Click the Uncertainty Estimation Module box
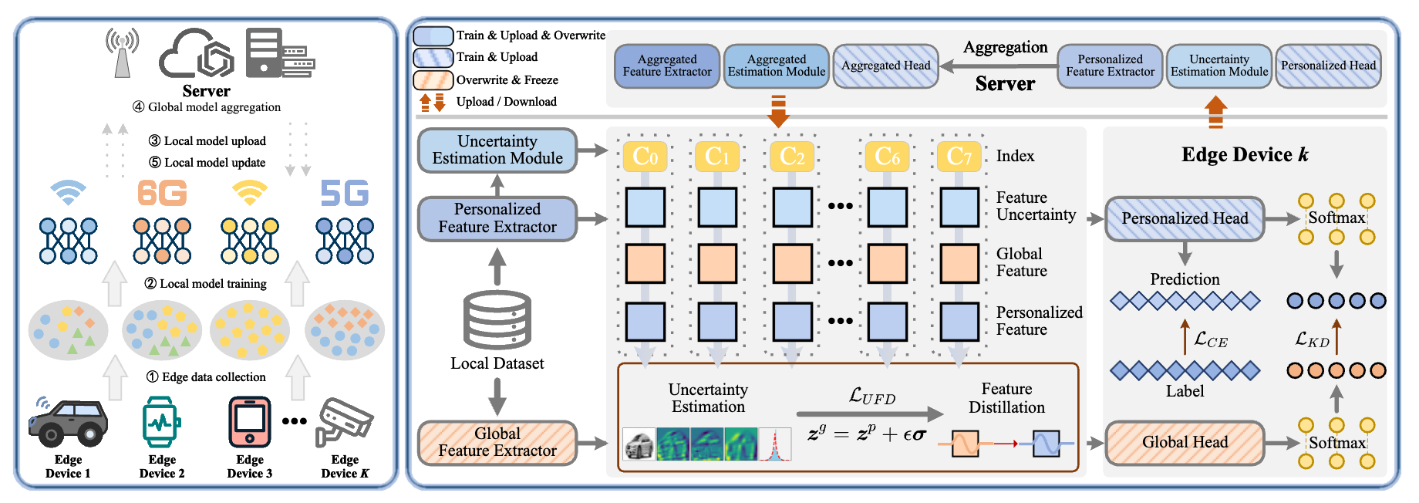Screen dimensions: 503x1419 (x=497, y=150)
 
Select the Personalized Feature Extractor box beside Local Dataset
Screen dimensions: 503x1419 (x=497, y=218)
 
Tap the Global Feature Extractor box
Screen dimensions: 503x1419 (x=497, y=443)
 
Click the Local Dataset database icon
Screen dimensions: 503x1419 (x=497, y=320)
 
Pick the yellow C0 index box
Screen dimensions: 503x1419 (x=645, y=157)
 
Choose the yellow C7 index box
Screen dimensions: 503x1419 (x=959, y=157)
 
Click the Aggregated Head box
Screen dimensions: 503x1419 (x=885, y=66)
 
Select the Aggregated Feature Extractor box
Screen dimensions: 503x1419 (x=667, y=66)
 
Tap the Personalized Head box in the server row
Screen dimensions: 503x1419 (x=1328, y=66)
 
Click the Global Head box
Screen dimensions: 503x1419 (x=1185, y=443)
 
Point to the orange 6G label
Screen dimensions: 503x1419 (x=162, y=193)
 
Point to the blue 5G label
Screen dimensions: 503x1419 (x=344, y=193)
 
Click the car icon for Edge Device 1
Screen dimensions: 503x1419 (x=68, y=423)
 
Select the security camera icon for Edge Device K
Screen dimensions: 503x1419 (x=345, y=421)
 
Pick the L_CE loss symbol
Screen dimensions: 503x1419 (x=1211, y=339)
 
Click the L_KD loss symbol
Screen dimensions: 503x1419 (x=1312, y=339)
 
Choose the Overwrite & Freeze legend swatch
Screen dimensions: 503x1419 (x=433, y=80)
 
